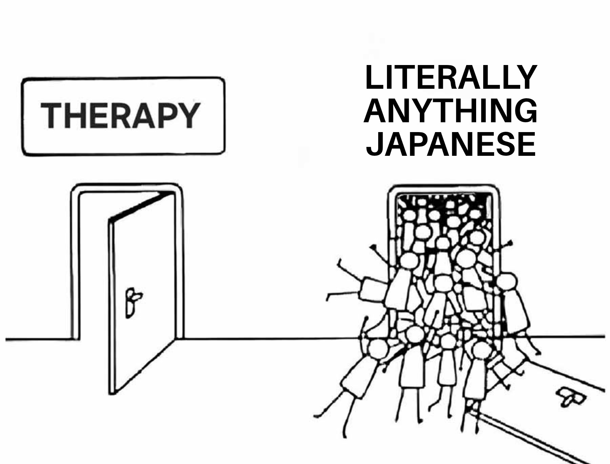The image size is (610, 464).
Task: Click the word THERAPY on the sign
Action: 120,115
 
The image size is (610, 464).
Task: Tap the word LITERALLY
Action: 451,78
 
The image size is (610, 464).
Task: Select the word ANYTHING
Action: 451,111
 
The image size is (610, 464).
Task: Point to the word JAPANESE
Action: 451,144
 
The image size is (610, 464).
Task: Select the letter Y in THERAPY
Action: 188,115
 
